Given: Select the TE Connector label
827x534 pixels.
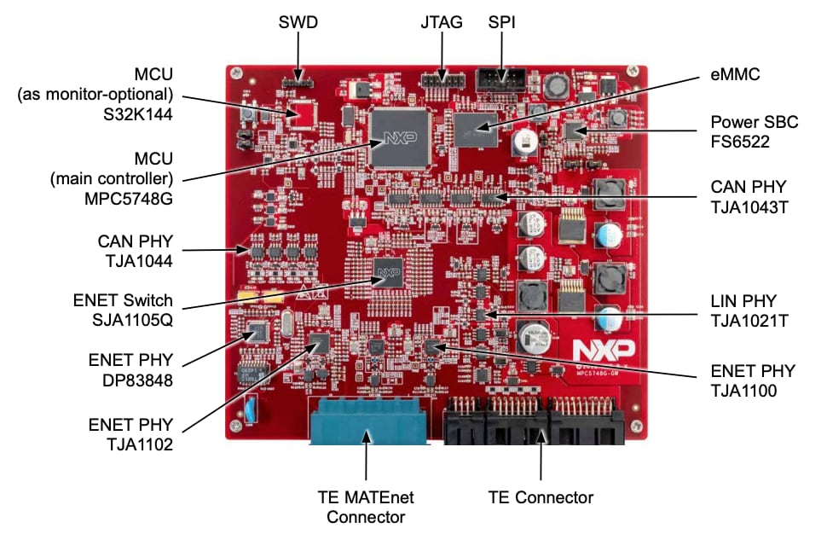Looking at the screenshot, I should (541, 496).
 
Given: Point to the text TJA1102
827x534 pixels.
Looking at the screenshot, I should (137, 444).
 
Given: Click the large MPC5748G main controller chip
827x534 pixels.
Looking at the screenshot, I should (399, 138).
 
